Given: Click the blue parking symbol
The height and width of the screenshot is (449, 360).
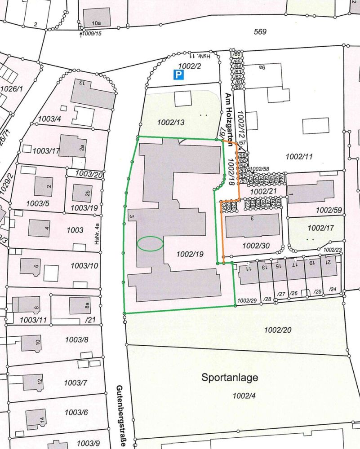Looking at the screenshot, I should [178, 75].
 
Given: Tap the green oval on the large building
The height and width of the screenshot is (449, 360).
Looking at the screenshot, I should [150, 243].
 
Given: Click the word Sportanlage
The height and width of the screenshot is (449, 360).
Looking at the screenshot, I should [230, 378].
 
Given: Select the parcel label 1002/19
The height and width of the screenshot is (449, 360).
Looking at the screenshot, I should [190, 254].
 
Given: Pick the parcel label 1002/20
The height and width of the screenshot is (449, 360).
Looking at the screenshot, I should [278, 330].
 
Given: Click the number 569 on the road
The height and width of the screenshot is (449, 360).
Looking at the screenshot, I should [260, 32].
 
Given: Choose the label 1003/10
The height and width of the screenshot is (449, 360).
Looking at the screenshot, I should [84, 266].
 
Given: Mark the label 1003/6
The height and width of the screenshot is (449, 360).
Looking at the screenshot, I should [76, 412].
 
